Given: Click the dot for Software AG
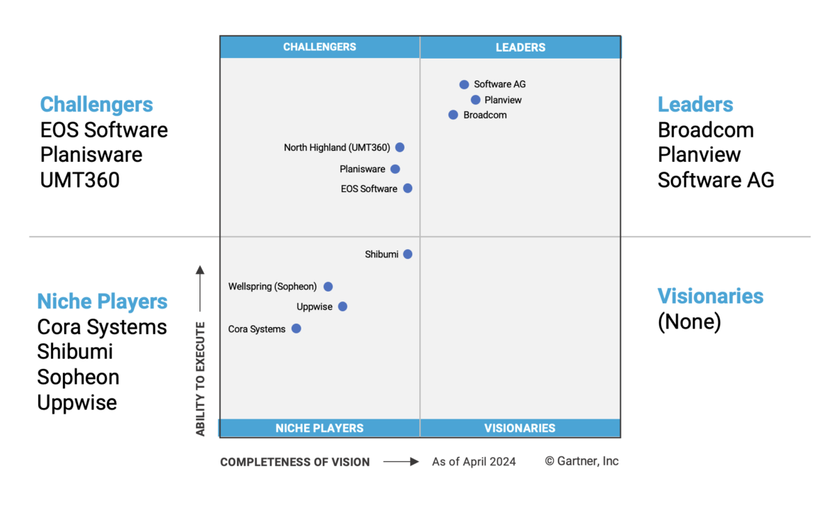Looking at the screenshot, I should [464, 84].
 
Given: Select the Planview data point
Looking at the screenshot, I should [476, 100].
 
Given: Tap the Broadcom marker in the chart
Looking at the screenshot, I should [453, 115].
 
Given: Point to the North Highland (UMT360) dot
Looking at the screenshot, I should [400, 147].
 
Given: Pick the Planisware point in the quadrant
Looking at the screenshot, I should [395, 169].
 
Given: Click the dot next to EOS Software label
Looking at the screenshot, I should [408, 188].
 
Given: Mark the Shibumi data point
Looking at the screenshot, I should [408, 254].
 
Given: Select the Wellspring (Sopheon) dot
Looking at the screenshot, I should [329, 286].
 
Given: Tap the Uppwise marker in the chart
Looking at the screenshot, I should [342, 306].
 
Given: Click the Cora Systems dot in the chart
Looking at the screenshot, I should [296, 329].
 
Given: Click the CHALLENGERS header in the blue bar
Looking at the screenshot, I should [319, 47].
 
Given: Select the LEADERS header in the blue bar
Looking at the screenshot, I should [520, 47].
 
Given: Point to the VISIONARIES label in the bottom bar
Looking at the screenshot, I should [520, 428].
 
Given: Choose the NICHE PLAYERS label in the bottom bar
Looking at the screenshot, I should [319, 428].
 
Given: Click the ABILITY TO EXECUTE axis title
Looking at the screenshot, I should [201, 379].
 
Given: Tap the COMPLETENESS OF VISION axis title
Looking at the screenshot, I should [295, 462].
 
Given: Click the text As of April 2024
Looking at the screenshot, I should [474, 461].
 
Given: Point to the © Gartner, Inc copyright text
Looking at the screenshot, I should [582, 461].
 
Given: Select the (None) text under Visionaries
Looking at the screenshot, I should [689, 322].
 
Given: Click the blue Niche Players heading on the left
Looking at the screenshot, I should [103, 301].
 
